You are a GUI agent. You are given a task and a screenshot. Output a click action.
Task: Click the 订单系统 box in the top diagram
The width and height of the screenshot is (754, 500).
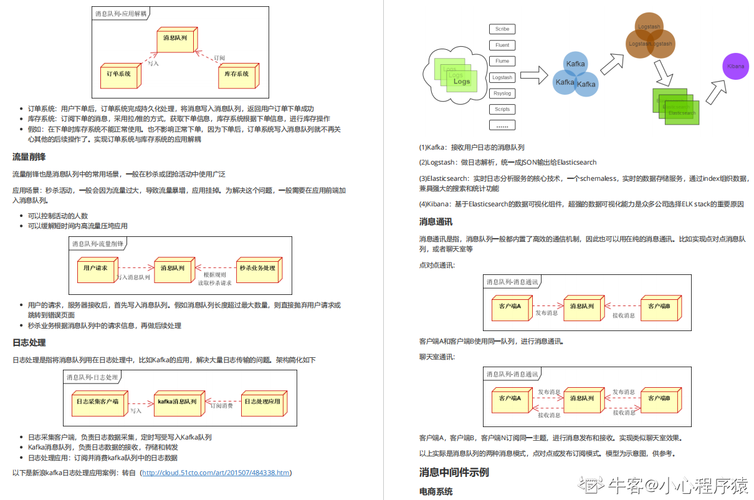coord(118,74)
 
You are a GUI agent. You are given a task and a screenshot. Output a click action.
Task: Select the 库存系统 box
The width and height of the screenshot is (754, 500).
coord(236,74)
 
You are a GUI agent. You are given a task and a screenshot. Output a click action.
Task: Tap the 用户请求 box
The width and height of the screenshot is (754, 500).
coord(95,268)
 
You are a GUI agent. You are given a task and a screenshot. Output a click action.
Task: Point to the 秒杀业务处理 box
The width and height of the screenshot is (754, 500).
coord(257,268)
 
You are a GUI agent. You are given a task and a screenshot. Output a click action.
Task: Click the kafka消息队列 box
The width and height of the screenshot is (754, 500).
coord(177,402)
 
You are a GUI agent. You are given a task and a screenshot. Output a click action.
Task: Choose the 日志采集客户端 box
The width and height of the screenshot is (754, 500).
coord(97,402)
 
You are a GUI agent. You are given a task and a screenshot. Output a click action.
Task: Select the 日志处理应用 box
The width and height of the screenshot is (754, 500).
coord(262,402)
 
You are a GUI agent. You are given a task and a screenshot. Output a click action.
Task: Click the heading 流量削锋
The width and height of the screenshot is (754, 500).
coord(29,156)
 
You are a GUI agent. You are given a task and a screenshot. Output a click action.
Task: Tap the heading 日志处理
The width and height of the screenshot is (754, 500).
coord(29,342)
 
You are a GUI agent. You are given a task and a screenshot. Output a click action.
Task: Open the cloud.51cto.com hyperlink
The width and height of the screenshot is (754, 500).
coord(216,473)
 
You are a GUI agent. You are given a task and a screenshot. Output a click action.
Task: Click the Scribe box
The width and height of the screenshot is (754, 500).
coord(502,29)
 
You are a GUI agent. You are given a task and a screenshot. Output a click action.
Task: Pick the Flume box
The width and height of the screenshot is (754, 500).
coord(502,61)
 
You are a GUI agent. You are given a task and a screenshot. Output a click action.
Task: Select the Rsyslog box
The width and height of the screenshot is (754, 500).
coord(502,94)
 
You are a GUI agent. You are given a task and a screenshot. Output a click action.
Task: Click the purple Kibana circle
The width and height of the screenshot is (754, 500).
coord(735,66)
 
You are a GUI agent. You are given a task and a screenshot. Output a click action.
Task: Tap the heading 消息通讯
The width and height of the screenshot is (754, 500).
coord(436,221)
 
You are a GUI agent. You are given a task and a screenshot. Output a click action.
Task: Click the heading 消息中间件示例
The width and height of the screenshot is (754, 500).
coord(454,472)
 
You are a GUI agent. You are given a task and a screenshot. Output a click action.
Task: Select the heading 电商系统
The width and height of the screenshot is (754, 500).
coord(436,491)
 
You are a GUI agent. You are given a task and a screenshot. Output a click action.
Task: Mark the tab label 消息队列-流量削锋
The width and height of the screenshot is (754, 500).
coord(98,244)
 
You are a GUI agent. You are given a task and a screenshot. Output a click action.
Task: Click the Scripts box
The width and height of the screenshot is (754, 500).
coord(502,109)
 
